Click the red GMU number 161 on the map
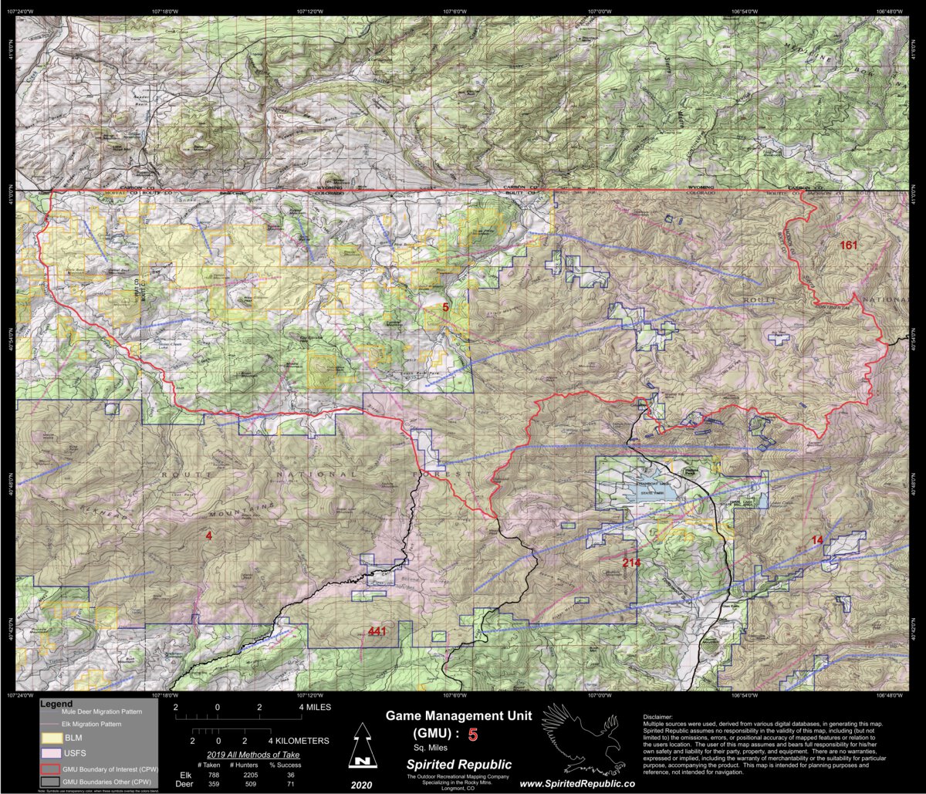pos(849,245)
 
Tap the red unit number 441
pos(377,632)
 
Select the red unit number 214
pos(631,563)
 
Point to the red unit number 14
pos(817,540)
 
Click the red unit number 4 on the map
pos(208,536)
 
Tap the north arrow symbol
pos(360,746)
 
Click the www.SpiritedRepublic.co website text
pos(578,783)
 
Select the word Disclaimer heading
pos(657,717)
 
